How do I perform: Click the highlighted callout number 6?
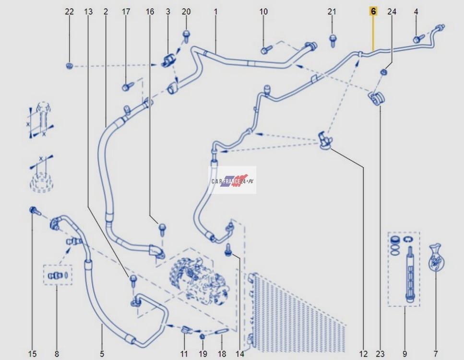tap(373, 12)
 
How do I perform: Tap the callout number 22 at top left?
tap(69, 12)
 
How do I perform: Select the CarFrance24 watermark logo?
tap(233, 180)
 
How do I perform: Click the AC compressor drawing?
tap(199, 280)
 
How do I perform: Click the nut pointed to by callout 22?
tap(70, 66)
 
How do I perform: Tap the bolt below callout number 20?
tap(186, 36)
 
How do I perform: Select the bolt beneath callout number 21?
tap(333, 40)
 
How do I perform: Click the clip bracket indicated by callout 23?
tap(376, 98)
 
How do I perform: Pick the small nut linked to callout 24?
tap(384, 72)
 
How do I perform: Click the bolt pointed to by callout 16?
tap(162, 230)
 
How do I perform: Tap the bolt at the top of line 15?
tap(35, 211)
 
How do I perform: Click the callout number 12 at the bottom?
tap(363, 353)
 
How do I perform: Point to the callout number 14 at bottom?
tap(240, 353)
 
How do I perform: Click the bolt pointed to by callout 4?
tap(419, 39)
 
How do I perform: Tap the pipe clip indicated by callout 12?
tap(325, 140)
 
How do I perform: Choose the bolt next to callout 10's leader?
tap(266, 49)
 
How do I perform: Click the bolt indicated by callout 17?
tap(128, 86)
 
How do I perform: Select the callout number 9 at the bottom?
tap(405, 353)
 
